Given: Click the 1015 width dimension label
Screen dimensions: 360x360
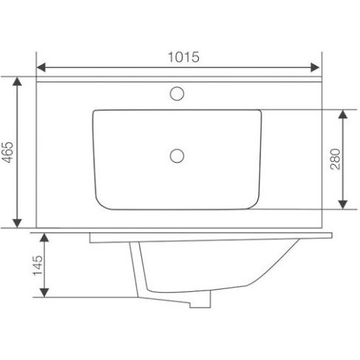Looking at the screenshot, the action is (183, 57).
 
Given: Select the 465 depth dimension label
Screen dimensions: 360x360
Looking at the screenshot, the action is (7, 152).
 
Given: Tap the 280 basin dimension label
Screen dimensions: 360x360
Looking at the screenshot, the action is (335, 159).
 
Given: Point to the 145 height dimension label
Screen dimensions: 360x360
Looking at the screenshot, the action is (38, 265).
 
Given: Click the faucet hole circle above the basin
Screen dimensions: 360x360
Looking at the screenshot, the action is (177, 94).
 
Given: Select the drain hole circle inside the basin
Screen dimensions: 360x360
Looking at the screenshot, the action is (177, 156).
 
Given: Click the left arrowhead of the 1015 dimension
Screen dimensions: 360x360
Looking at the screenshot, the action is (41, 67).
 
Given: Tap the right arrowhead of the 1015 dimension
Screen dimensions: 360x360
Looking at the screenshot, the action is (315, 67).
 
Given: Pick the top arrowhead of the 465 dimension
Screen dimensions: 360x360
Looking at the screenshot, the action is (17, 81).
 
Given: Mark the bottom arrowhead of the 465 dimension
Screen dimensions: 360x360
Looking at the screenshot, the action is (17, 223).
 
